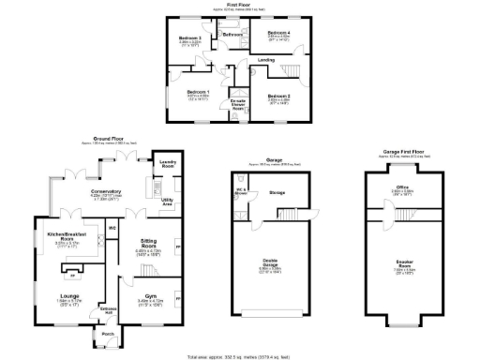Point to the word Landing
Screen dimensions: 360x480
click(266, 60)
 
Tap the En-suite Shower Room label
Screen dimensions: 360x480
click(239, 103)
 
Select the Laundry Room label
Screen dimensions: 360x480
click(165, 163)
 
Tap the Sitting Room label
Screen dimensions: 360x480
click(149, 244)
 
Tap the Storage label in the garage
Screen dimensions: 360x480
click(277, 191)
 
